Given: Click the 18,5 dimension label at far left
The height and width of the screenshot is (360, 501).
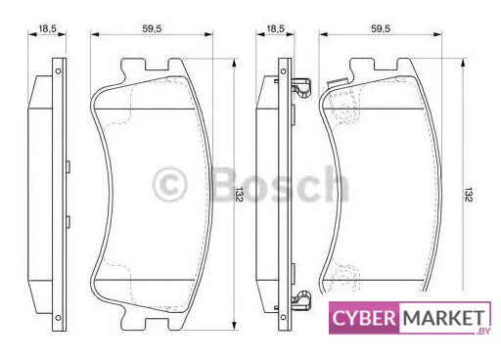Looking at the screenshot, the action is pos(47,28).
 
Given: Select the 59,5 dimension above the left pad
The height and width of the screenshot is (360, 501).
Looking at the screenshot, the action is pos(152,28).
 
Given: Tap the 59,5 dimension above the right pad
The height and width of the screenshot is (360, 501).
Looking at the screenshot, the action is pos(381,28).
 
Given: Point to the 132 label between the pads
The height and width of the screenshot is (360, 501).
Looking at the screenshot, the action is pos(239,195).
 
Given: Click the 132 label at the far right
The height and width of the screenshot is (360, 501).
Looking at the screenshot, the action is pos(468,195).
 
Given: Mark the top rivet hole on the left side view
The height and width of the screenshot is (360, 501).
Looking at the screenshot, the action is pos(58,71).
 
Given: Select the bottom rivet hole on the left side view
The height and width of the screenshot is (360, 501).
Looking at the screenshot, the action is pos(58,317).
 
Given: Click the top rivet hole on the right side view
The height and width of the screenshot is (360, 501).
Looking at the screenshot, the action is pos(283,71).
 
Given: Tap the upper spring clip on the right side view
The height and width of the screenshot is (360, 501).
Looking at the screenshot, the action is pos(300,87).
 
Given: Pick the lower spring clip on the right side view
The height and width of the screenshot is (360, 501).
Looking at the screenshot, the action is pos(300,300).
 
